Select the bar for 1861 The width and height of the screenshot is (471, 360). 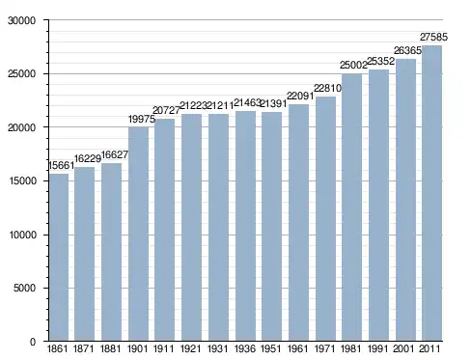coord(59,257)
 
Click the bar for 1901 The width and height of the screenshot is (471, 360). coord(138,234)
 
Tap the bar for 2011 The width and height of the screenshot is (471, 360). coord(431,193)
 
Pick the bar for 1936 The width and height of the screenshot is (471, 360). coord(245,226)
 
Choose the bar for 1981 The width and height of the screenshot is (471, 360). coord(351,208)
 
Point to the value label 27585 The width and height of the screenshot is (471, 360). coord(433,38)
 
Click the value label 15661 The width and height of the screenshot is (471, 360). coord(61,165)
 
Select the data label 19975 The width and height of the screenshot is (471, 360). coord(142,119)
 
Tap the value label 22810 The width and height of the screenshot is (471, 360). coord(327,88)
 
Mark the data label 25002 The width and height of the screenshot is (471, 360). coord(353,66)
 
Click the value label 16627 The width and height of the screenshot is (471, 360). coord(115,154)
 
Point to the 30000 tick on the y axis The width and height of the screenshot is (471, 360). coord(21,20)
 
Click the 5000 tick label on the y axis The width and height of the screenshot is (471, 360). coord(24,288)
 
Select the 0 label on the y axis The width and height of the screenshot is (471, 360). coord(33,342)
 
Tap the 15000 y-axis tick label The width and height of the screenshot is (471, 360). coord(21,180)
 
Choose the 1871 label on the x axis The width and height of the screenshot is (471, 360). coord(84,348)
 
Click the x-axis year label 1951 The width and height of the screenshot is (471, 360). coord(271,348)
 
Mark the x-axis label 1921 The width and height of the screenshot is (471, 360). coord(191,348)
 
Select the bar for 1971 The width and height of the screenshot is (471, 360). coord(325,219)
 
